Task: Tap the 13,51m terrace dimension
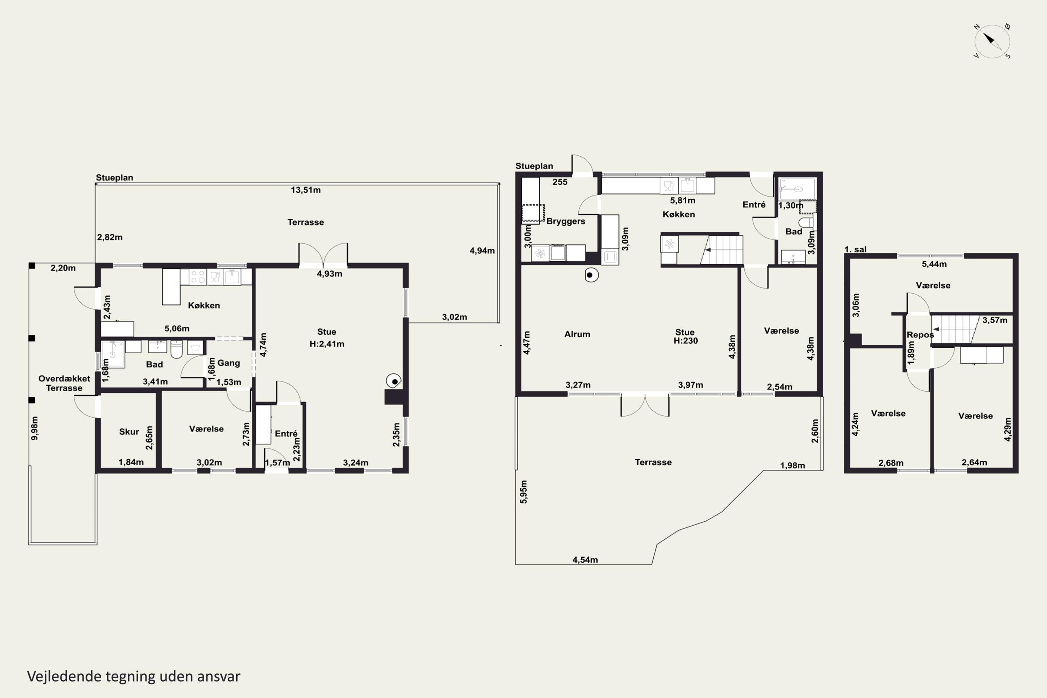pos(306,190)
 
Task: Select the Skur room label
pos(129,431)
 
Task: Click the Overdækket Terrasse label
pos(64,383)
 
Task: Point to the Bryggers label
pos(566,221)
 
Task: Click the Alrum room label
pos(577,334)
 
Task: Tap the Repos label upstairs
pos(920,335)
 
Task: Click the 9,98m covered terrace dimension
pos(34,428)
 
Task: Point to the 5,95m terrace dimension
pos(523,492)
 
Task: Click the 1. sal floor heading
pos(856,249)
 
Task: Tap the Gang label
pos(229,363)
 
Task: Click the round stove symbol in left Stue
pos(394,381)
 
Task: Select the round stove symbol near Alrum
pos(591,275)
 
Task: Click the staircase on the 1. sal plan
pos(956,329)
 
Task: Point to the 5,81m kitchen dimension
pos(683,201)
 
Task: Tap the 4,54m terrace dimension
pos(585,560)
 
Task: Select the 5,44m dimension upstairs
pos(934,264)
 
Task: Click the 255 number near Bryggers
pos(560,182)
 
